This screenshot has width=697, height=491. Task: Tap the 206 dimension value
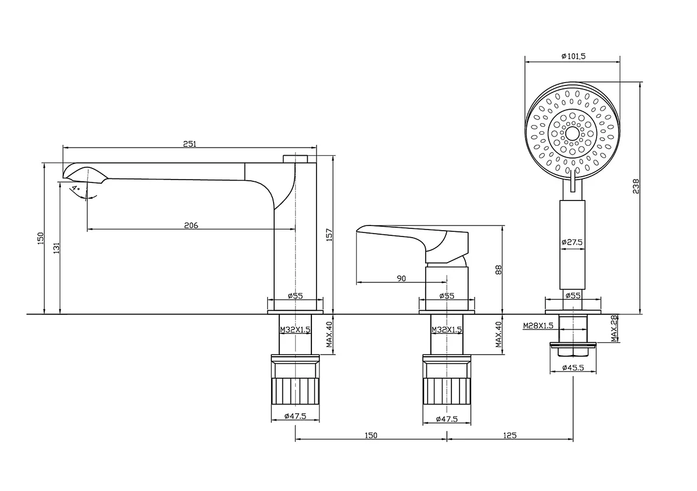click(x=191, y=225)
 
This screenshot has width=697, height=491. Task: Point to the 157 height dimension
click(x=329, y=234)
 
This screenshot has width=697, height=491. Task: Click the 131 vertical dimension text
click(x=56, y=248)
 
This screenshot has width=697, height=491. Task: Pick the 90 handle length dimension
click(x=401, y=279)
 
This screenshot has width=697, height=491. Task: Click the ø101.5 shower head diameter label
click(x=573, y=56)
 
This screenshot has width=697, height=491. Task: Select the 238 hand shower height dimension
click(x=636, y=186)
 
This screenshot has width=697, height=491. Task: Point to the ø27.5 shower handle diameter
click(x=572, y=242)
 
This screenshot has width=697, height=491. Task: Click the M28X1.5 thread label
click(x=537, y=325)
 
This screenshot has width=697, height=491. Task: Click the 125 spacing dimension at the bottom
click(x=509, y=435)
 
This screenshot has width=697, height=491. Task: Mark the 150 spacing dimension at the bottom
click(x=371, y=435)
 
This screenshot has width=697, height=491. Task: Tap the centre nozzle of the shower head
click(x=573, y=134)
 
